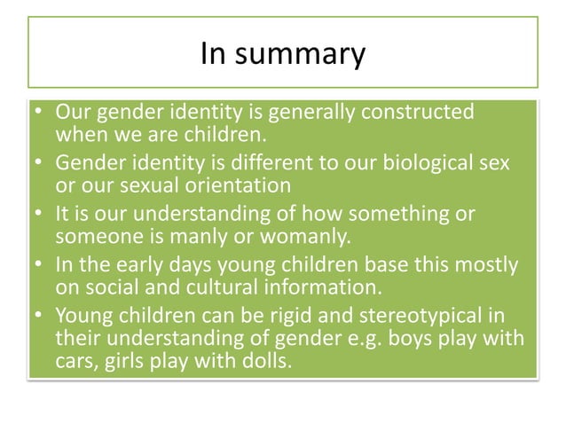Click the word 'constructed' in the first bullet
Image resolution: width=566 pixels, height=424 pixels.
(x=417, y=114)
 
